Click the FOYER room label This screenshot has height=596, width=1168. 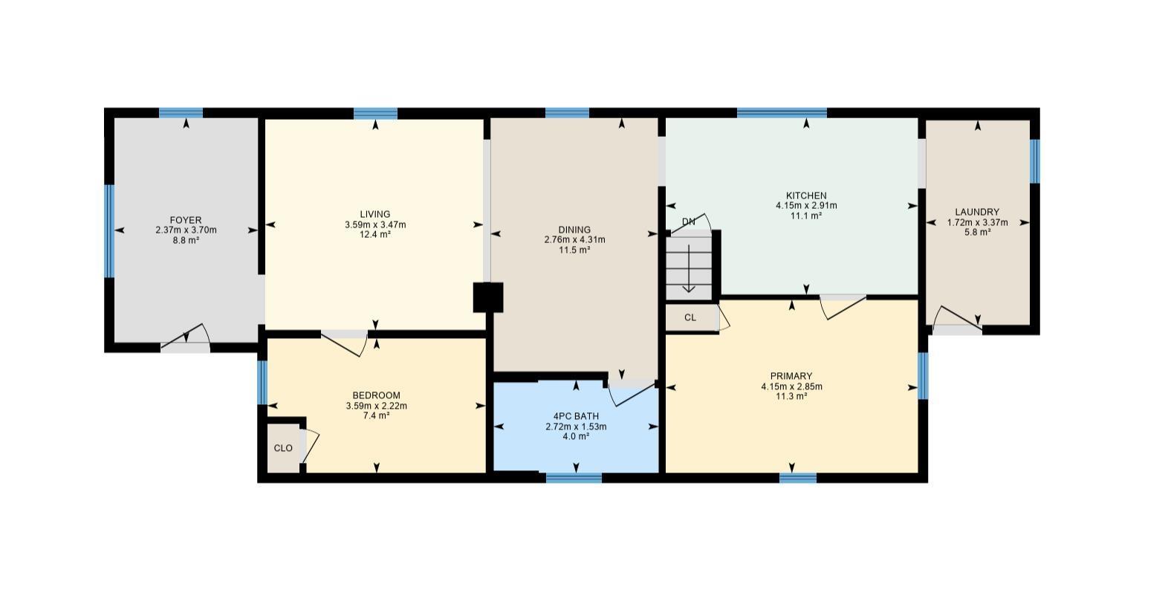click(x=185, y=220)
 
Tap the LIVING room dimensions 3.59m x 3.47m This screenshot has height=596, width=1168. click(x=375, y=224)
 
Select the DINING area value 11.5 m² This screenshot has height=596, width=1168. click(x=574, y=250)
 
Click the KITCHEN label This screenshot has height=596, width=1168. click(x=806, y=195)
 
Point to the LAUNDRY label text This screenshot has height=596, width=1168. click(x=977, y=212)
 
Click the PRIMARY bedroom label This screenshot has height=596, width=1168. click(x=791, y=376)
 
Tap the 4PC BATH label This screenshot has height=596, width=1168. click(x=576, y=416)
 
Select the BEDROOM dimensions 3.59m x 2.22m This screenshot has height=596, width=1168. click(x=376, y=406)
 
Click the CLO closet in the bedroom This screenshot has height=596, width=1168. click(x=283, y=448)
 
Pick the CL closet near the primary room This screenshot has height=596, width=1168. click(x=690, y=317)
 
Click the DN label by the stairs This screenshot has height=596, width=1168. click(x=689, y=221)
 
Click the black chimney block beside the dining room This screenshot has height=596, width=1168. click(x=488, y=297)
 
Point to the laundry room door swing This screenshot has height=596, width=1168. click(x=954, y=320)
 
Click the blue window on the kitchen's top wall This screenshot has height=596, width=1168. click(x=782, y=113)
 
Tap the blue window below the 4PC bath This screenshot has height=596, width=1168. click(x=574, y=478)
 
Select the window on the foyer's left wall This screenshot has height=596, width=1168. click(x=110, y=230)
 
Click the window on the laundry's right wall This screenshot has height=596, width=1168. click(x=1034, y=161)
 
